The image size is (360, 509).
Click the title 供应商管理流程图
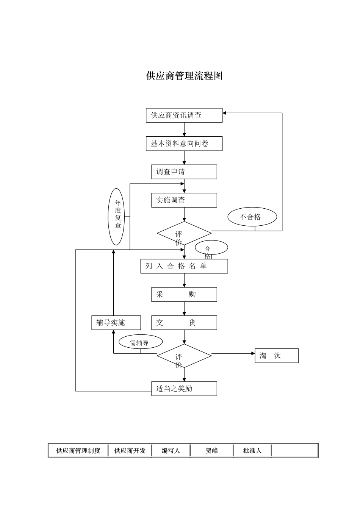[184, 76]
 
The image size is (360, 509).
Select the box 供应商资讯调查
[184, 116]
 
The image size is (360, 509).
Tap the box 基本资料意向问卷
[184, 144]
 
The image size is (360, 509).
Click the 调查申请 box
[184, 172]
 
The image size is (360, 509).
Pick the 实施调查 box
[184, 200]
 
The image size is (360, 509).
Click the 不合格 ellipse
[252, 217]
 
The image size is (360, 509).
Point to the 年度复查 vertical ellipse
[116, 217]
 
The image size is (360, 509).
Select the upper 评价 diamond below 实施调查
[184, 233]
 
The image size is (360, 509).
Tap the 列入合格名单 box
[184, 266]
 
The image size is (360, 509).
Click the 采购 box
[184, 295]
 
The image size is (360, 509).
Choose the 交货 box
[184, 323]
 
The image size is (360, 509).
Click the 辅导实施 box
[116, 323]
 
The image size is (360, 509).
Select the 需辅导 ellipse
[141, 342]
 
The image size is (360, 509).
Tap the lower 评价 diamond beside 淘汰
[184, 356]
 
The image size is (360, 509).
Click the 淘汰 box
[277, 356]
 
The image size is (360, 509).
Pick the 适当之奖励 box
[184, 389]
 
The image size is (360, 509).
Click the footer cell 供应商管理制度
[78, 451]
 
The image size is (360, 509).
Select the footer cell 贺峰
[211, 451]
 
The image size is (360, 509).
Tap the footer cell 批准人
[252, 451]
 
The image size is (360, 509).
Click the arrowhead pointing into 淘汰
[253, 354]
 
